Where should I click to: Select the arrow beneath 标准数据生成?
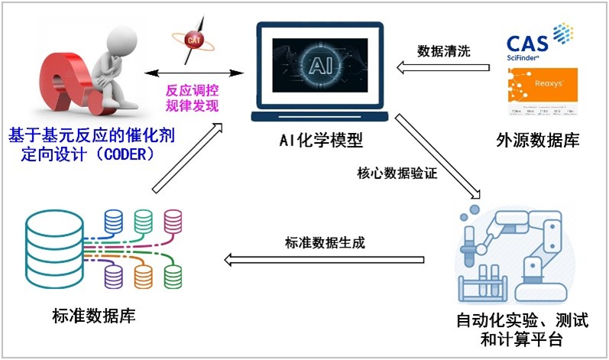click(x=324, y=261)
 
